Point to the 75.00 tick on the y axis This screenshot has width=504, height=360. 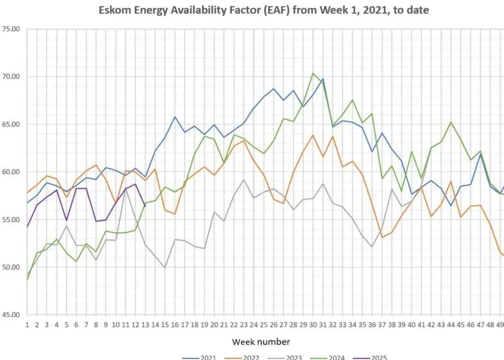click(x=11, y=30)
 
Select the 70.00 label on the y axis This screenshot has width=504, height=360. click(x=11, y=77)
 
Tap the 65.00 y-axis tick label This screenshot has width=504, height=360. click(x=11, y=125)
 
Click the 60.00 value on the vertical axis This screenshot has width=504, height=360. click(x=11, y=173)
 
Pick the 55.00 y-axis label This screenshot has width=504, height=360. click(x=11, y=220)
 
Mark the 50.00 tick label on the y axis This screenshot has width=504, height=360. click(x=11, y=268)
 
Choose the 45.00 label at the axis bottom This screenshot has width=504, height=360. click(x=11, y=315)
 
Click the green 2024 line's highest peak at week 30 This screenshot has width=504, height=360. click(x=313, y=73)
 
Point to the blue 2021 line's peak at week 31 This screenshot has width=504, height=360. click(x=323, y=79)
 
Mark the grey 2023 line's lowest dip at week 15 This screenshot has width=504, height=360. click(x=165, y=268)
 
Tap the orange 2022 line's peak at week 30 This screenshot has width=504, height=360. click(x=313, y=135)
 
